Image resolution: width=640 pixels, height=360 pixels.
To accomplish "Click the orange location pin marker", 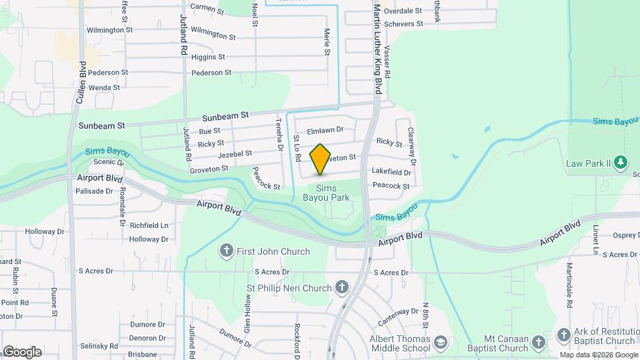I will [320, 159].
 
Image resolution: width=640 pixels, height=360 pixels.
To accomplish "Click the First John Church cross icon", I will [227, 251].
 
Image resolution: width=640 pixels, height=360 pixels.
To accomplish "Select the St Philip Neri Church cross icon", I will [341, 288].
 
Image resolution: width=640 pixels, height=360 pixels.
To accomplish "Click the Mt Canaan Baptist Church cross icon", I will [538, 343].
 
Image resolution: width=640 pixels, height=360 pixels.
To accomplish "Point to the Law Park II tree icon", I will [621, 163].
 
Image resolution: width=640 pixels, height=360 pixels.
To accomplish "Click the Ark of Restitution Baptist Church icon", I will [563, 335].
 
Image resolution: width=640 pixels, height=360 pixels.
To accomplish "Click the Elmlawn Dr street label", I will [325, 130].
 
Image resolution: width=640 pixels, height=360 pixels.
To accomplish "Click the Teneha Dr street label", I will [279, 134].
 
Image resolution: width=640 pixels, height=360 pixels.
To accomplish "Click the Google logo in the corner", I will [23, 351].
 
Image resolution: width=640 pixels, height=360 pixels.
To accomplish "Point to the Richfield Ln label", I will [149, 226].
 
